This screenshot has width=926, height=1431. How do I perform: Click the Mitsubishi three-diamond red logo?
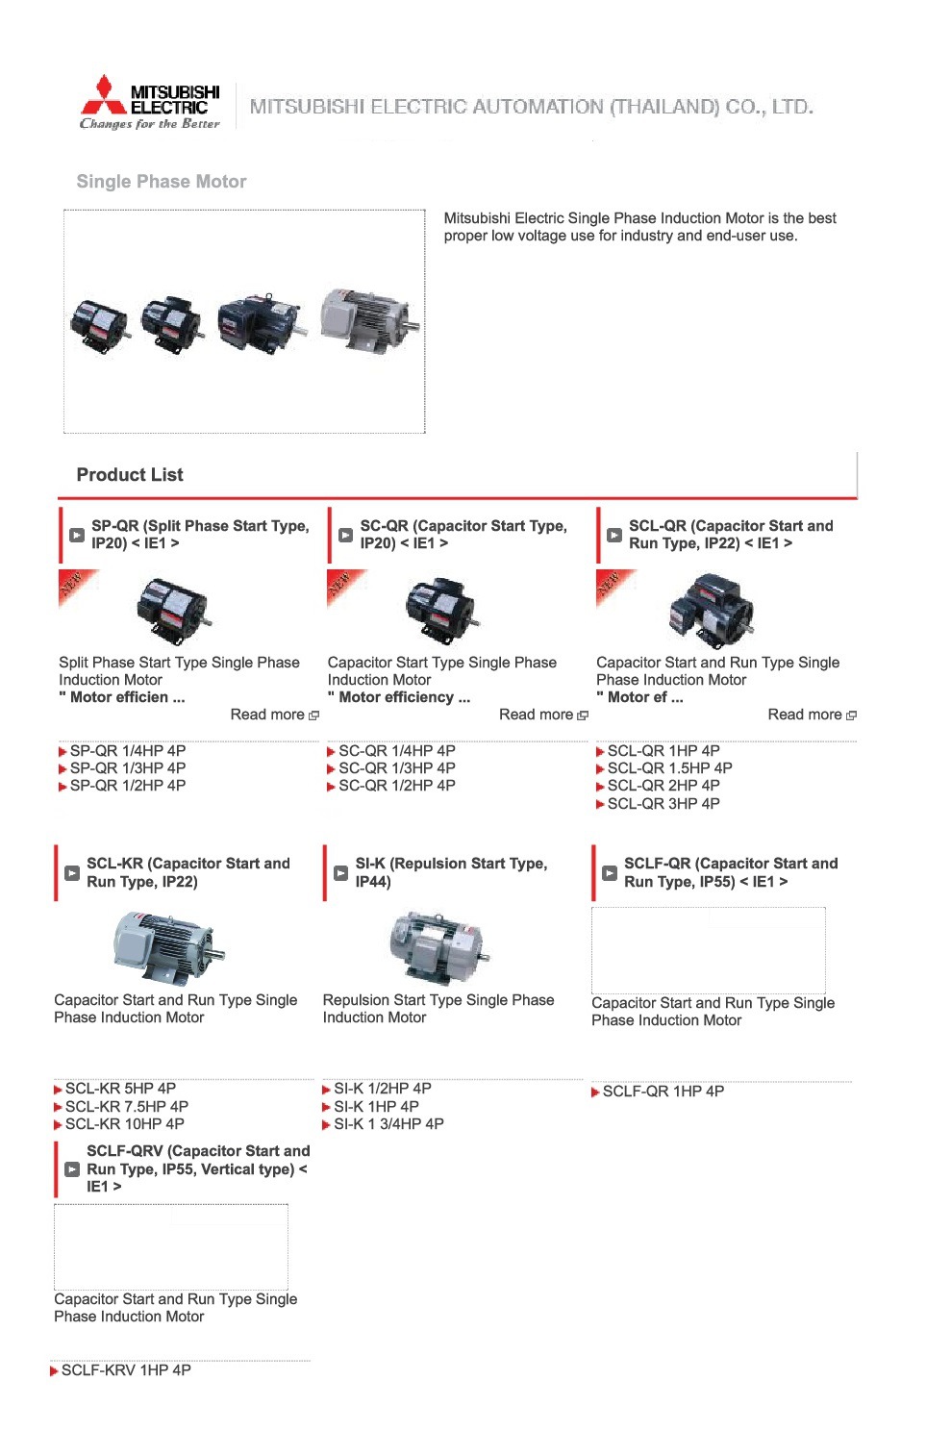tap(104, 94)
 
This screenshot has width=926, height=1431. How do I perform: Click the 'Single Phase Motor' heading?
tap(162, 182)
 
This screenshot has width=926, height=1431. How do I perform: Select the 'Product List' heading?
tap(130, 475)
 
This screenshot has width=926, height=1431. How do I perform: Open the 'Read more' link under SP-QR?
tap(274, 715)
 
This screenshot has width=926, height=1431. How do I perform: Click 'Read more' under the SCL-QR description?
tap(812, 715)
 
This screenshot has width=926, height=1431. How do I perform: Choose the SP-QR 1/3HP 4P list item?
tap(127, 768)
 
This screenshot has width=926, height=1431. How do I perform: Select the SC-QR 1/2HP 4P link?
tap(396, 786)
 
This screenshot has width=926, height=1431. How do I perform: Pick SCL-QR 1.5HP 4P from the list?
tap(668, 768)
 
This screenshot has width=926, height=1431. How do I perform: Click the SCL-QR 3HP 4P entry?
tap(663, 804)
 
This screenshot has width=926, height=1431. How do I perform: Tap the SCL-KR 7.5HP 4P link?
tap(126, 1107)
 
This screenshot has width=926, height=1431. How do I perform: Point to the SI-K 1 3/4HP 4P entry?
tap(388, 1124)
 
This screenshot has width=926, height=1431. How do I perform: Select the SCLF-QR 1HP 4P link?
tap(663, 1092)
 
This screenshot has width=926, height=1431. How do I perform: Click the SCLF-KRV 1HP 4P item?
tap(125, 1370)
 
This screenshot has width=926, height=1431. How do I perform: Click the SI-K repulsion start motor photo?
tap(438, 947)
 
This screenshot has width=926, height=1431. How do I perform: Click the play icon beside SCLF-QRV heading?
tap(72, 1169)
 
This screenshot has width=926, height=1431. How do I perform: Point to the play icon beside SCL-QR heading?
tap(613, 535)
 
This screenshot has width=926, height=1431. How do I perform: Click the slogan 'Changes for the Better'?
tap(150, 124)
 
